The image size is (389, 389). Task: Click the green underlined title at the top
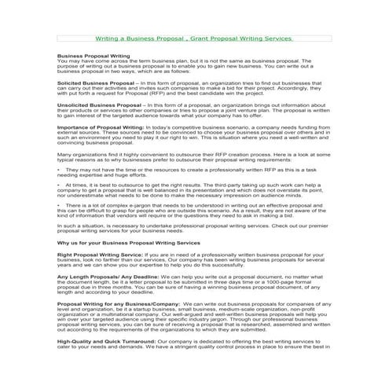(x=194, y=38)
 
